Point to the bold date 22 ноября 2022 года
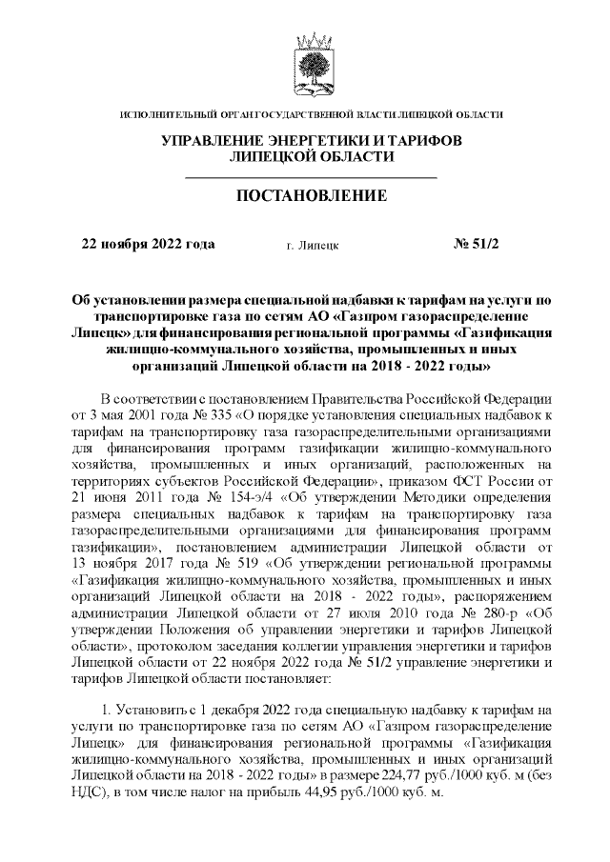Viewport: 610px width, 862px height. pyautogui.click(x=149, y=244)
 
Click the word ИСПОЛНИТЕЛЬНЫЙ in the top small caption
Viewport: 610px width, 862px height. pyautogui.click(x=165, y=115)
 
